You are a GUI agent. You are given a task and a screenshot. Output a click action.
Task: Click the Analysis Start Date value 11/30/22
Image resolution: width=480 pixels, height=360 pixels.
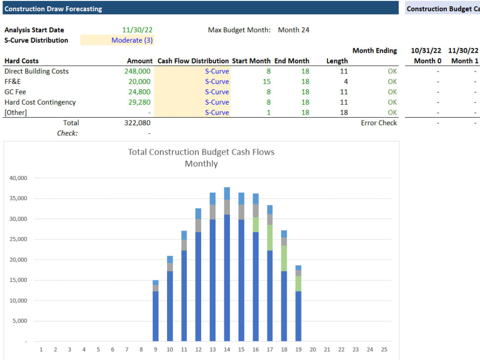[x=137, y=30]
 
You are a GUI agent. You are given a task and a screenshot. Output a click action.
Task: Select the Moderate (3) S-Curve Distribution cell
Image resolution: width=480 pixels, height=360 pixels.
[x=132, y=40]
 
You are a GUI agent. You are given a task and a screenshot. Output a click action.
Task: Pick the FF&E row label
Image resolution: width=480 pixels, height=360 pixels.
[x=12, y=82]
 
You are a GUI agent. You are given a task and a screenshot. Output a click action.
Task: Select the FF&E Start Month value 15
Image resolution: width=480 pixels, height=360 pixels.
[x=266, y=82]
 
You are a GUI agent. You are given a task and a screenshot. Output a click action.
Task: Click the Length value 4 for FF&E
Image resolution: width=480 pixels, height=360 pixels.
[x=346, y=82]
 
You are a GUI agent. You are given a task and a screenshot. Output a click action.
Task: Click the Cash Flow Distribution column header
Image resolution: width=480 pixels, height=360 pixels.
[x=193, y=61]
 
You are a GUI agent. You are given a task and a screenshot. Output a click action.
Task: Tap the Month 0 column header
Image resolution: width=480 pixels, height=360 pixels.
[x=425, y=61]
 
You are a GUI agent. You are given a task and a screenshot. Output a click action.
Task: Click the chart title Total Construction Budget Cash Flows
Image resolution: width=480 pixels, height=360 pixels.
[x=201, y=152]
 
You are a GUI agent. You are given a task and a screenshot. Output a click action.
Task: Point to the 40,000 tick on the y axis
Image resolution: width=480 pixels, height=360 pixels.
[x=18, y=178]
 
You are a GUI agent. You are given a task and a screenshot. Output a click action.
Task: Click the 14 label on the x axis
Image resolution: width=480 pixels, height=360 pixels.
[x=227, y=349]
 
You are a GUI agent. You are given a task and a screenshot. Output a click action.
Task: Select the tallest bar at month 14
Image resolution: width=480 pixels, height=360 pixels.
[x=227, y=269]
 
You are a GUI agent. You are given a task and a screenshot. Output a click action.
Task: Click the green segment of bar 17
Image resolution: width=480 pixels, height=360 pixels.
[x=270, y=238]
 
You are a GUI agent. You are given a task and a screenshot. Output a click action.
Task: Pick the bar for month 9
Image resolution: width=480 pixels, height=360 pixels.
[x=156, y=312]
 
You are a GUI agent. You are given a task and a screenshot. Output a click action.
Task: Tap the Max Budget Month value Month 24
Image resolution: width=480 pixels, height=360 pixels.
[x=293, y=30]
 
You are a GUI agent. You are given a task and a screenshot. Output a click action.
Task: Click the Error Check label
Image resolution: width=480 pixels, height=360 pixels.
[x=379, y=123]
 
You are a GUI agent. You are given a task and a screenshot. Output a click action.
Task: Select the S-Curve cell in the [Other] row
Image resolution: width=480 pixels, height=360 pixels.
[x=217, y=112]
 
